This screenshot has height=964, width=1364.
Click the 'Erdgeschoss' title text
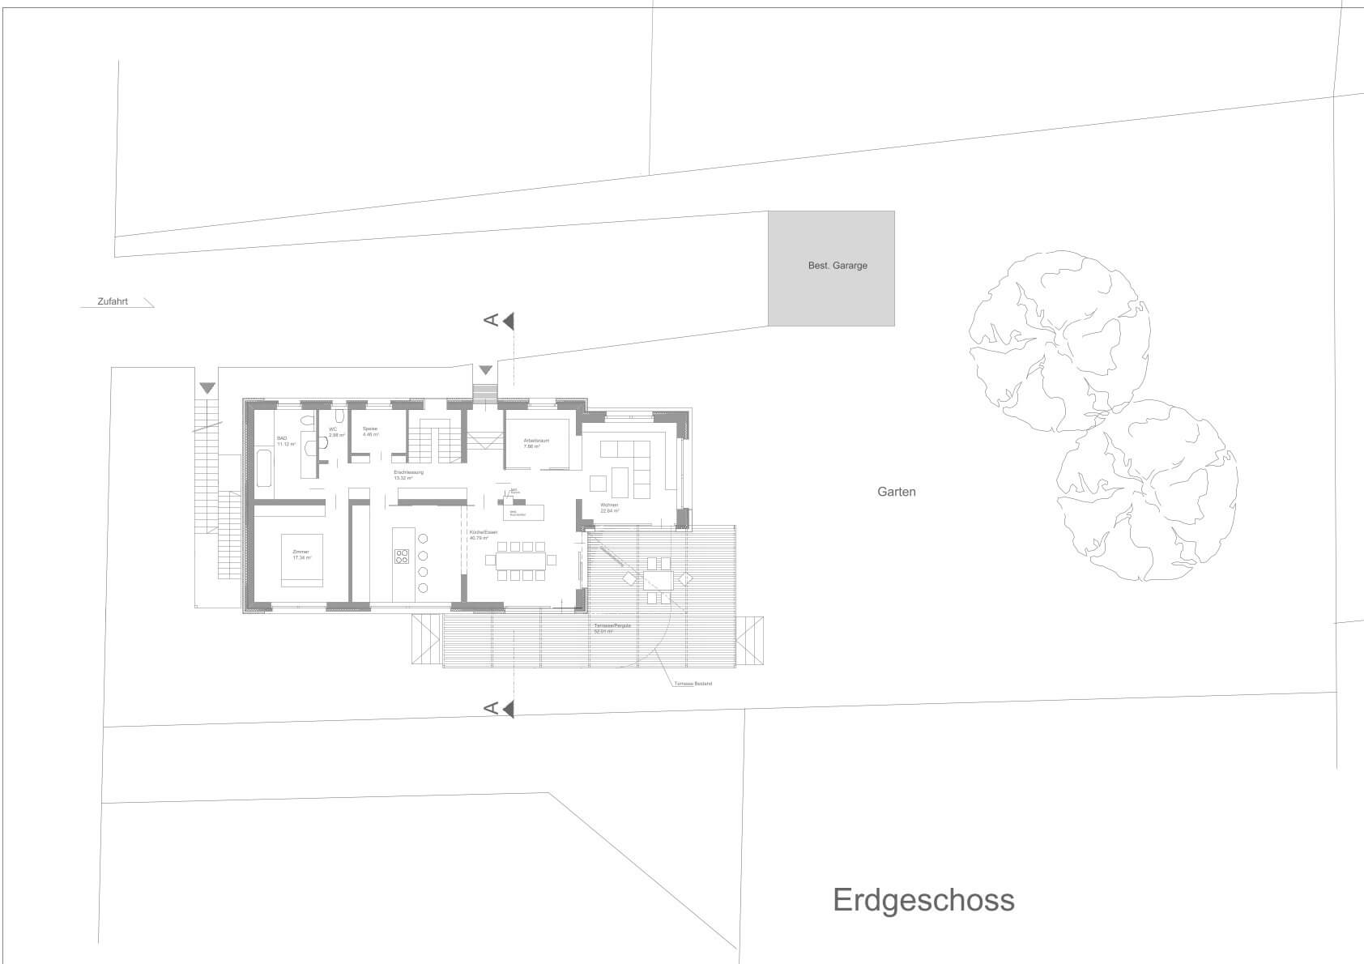pyautogui.click(x=923, y=900)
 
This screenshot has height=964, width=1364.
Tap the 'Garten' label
pyautogui.click(x=896, y=492)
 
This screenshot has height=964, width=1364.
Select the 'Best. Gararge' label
pyautogui.click(x=838, y=266)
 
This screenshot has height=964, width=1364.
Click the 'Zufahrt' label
pyautogui.click(x=113, y=301)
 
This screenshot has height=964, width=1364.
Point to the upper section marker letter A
pyautogui.click(x=490, y=322)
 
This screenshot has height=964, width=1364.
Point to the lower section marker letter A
pyautogui.click(x=490, y=709)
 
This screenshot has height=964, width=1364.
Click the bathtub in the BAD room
pyautogui.click(x=264, y=467)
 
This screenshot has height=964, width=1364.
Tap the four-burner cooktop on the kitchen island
pyautogui.click(x=403, y=556)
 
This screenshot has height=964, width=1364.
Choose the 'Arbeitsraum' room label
pyautogui.click(x=536, y=441)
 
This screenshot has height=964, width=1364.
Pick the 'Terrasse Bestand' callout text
pyautogui.click(x=693, y=684)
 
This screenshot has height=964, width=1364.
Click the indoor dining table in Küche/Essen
pyautogui.click(x=520, y=560)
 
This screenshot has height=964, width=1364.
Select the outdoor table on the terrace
pyautogui.click(x=659, y=579)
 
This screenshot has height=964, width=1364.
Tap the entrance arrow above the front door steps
pyautogui.click(x=485, y=370)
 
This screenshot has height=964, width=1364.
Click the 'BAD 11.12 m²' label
pyautogui.click(x=286, y=441)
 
